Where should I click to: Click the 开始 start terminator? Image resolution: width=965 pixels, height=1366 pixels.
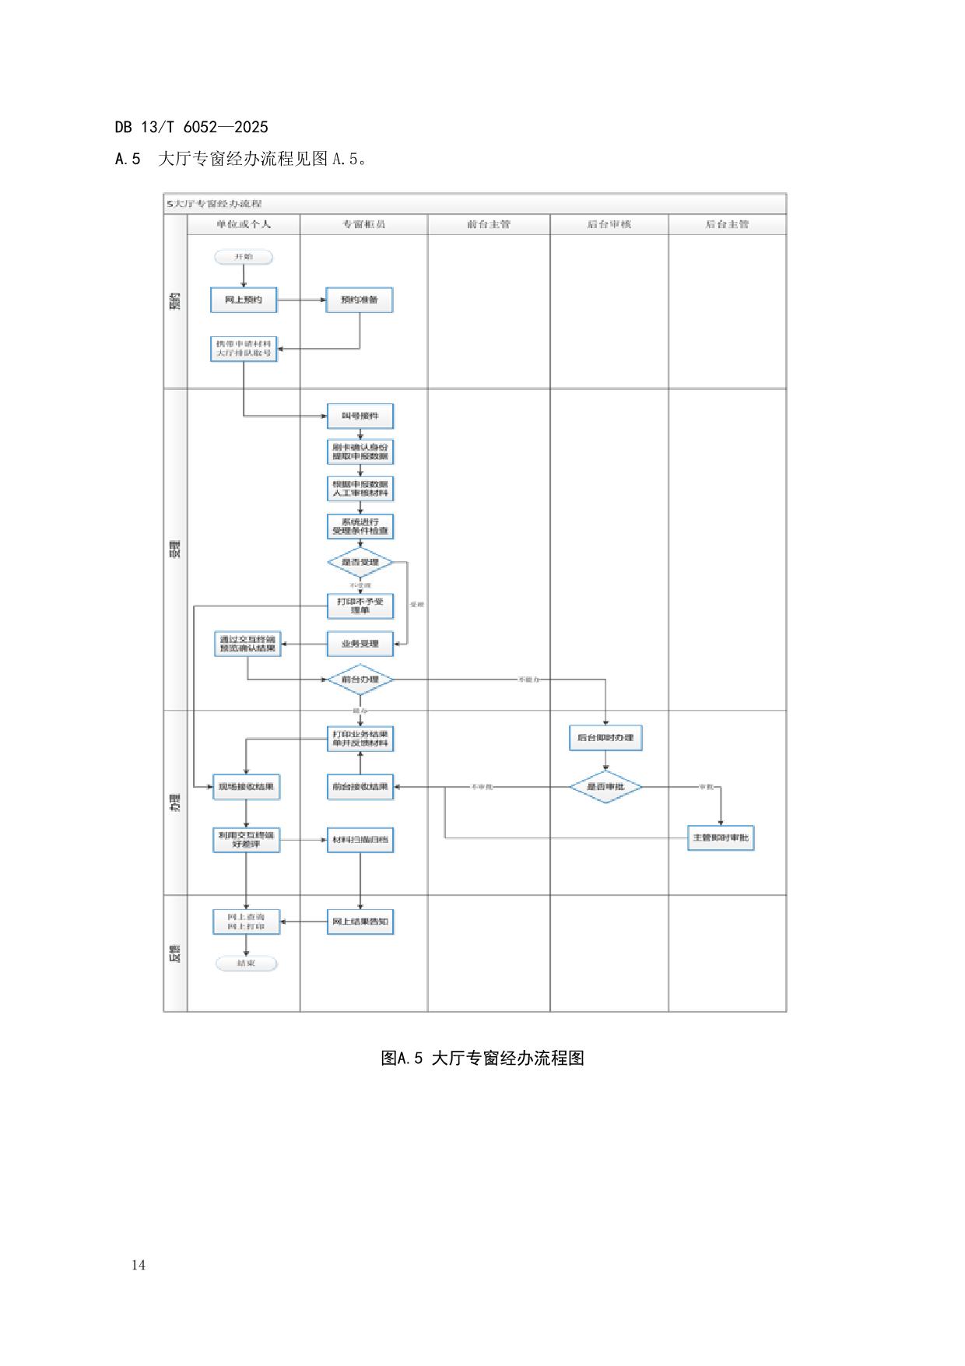(x=244, y=257)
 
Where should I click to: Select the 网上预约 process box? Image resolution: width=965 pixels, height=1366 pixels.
(x=244, y=300)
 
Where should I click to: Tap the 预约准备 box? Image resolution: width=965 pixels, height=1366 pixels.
(x=359, y=300)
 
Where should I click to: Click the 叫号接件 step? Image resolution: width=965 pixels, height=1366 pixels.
(x=360, y=416)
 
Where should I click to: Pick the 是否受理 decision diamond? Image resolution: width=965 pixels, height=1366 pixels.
(x=360, y=562)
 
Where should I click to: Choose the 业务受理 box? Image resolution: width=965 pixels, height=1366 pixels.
(x=360, y=644)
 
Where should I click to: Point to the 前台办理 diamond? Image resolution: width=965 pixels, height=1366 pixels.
(x=360, y=679)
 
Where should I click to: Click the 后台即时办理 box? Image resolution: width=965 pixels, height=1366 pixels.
(x=605, y=737)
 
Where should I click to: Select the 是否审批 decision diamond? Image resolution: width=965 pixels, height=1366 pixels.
(x=605, y=787)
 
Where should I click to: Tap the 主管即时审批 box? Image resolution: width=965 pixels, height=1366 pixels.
(x=721, y=838)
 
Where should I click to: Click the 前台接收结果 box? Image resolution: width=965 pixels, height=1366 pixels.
(x=360, y=787)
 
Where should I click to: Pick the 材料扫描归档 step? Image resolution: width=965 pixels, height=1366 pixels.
(x=360, y=840)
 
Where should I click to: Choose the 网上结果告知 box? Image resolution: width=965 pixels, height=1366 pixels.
(x=360, y=922)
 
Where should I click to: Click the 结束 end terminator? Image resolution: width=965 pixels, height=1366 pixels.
(x=246, y=964)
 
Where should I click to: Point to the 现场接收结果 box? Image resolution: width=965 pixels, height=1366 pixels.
(x=246, y=787)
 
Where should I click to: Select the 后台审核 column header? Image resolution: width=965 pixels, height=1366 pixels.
(x=609, y=224)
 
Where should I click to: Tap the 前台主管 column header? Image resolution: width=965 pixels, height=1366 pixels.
(x=489, y=224)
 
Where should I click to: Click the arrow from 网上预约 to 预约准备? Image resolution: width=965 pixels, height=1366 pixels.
(x=301, y=300)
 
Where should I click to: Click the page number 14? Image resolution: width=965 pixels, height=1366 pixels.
(x=139, y=1265)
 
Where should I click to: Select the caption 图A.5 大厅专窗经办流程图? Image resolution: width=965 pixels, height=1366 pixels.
(x=482, y=1058)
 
